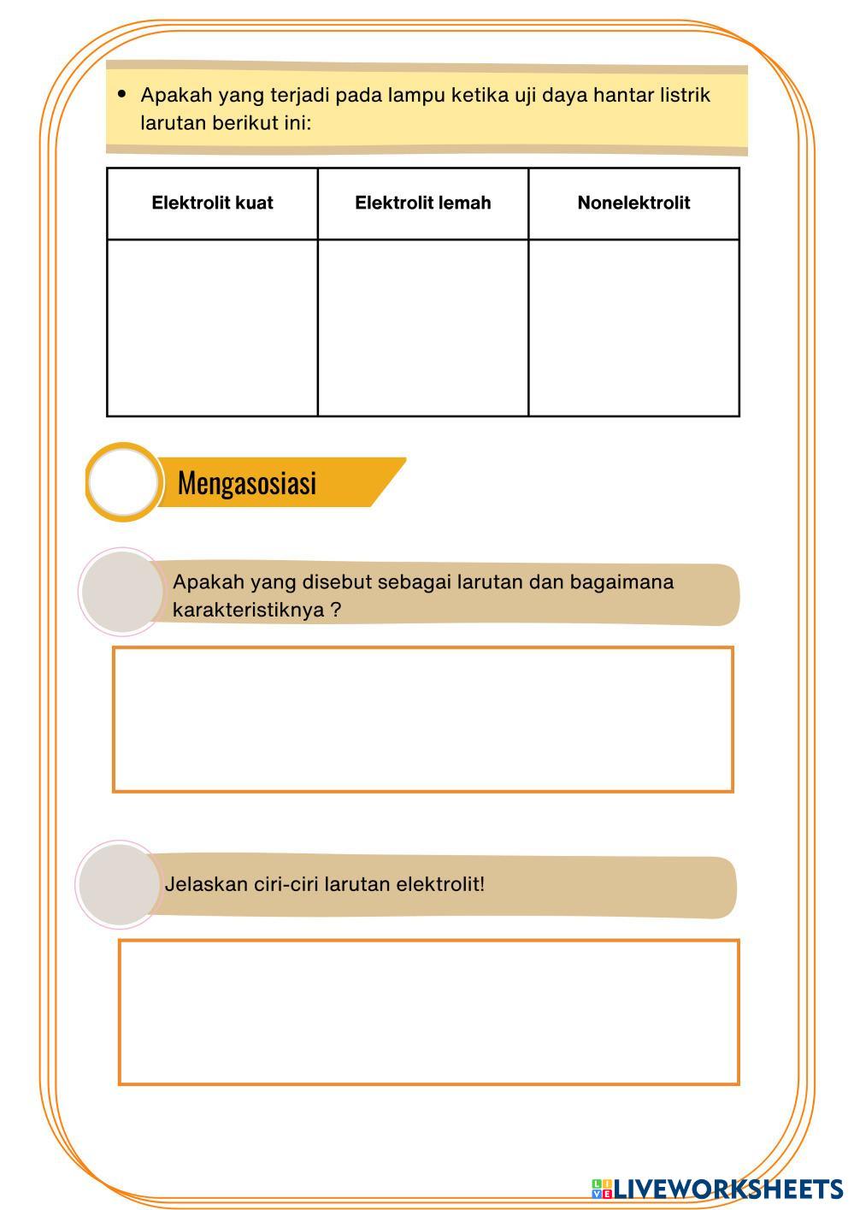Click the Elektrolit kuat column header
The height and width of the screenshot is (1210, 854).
[212, 203]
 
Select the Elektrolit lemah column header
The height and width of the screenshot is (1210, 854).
[422, 203]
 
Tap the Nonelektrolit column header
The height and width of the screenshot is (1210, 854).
[633, 203]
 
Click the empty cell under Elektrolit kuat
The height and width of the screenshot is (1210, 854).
[212, 328]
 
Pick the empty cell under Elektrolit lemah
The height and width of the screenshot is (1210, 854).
[422, 328]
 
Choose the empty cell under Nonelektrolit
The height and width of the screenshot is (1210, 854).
[633, 328]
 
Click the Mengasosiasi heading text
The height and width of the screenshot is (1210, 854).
[247, 483]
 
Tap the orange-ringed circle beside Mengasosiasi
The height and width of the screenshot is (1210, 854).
[123, 482]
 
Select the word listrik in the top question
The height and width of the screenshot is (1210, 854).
[685, 95]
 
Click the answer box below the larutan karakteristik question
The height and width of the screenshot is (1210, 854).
[422, 719]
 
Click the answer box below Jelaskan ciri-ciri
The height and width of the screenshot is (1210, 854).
[428, 1012]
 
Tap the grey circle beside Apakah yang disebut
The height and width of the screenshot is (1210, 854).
[122, 592]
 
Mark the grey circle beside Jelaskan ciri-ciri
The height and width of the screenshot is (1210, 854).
[120, 883]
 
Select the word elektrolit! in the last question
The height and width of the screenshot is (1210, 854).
[438, 884]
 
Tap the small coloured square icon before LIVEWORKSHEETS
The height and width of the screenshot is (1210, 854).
[601, 1189]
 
